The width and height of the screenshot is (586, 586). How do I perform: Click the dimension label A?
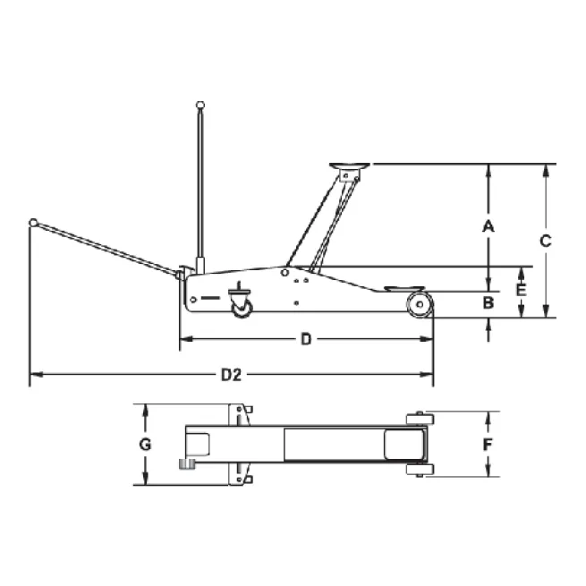click(488, 226)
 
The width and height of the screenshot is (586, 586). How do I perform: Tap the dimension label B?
click(488, 302)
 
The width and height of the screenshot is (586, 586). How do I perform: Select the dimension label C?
click(546, 241)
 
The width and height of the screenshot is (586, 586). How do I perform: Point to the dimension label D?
click(306, 339)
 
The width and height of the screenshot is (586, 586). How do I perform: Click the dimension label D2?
click(232, 375)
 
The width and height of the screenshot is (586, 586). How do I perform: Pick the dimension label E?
click(522, 290)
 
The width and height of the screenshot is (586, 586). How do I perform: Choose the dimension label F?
click(488, 445)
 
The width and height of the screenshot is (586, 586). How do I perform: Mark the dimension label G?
click(145, 445)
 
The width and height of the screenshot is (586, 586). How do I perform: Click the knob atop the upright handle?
click(200, 105)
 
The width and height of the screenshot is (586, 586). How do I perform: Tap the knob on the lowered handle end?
click(33, 223)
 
